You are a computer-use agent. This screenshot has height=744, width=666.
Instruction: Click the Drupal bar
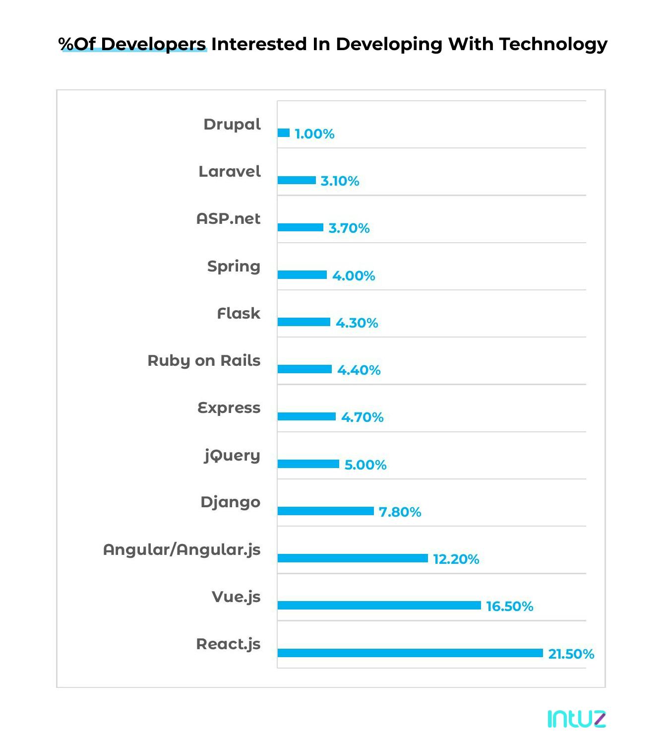tap(284, 133)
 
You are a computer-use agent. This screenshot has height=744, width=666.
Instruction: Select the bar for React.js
tap(410, 653)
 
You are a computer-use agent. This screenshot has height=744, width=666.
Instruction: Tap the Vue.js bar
tap(379, 606)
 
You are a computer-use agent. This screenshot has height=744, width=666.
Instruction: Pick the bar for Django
tap(325, 511)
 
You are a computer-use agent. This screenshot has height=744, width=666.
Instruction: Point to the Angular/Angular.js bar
tap(353, 558)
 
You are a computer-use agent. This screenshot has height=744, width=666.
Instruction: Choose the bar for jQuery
tap(308, 464)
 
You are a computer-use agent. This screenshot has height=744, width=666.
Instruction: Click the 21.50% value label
tap(571, 654)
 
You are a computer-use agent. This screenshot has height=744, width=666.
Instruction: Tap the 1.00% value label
tap(314, 134)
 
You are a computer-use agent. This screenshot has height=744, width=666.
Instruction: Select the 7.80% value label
tap(400, 512)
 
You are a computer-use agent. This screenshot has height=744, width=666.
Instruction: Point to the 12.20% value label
tap(456, 559)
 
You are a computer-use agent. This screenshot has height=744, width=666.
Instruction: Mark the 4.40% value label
tap(359, 370)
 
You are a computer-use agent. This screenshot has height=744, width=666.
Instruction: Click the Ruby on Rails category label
tap(204, 361)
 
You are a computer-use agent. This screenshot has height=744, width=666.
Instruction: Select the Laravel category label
tap(230, 172)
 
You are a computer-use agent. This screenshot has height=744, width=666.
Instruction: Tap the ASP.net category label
tap(228, 219)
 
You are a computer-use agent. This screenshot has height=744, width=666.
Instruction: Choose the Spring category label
tap(234, 267)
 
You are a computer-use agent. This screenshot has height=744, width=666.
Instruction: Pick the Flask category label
tap(239, 314)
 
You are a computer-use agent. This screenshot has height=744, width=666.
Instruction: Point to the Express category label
tap(229, 408)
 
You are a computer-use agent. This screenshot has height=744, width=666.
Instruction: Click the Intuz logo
tap(576, 719)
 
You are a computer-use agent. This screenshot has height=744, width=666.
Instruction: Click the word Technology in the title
tap(553, 44)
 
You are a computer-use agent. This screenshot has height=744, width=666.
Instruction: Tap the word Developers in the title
tap(154, 44)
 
